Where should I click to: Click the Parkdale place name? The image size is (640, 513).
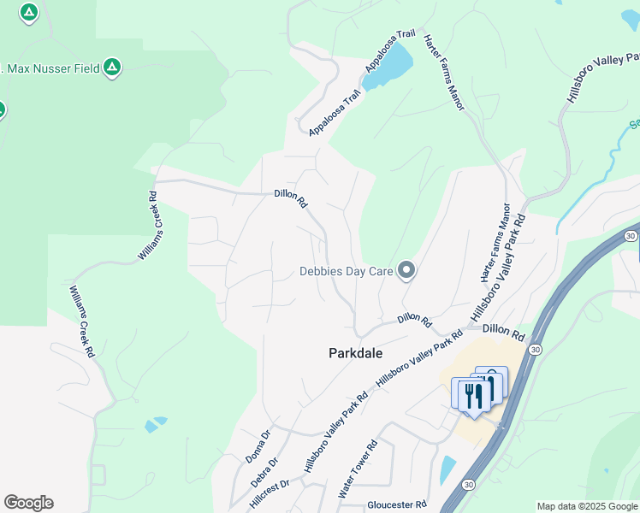[x=356, y=352]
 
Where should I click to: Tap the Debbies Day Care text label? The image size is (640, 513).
[x=346, y=272]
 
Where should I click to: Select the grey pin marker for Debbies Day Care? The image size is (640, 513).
[x=406, y=272]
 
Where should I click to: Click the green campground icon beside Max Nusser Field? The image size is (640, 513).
[x=112, y=67]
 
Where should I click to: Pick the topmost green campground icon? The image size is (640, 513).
[x=29, y=12]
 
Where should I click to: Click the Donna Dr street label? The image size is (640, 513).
[x=258, y=447]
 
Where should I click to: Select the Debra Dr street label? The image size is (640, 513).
[x=265, y=473]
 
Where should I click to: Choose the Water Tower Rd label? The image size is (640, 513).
[x=358, y=469]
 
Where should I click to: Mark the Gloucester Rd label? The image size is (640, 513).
[x=396, y=504]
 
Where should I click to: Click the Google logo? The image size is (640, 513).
[x=28, y=503]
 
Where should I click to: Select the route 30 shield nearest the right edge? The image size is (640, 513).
[x=630, y=235]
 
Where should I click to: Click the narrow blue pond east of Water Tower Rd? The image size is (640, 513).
[x=447, y=469]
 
